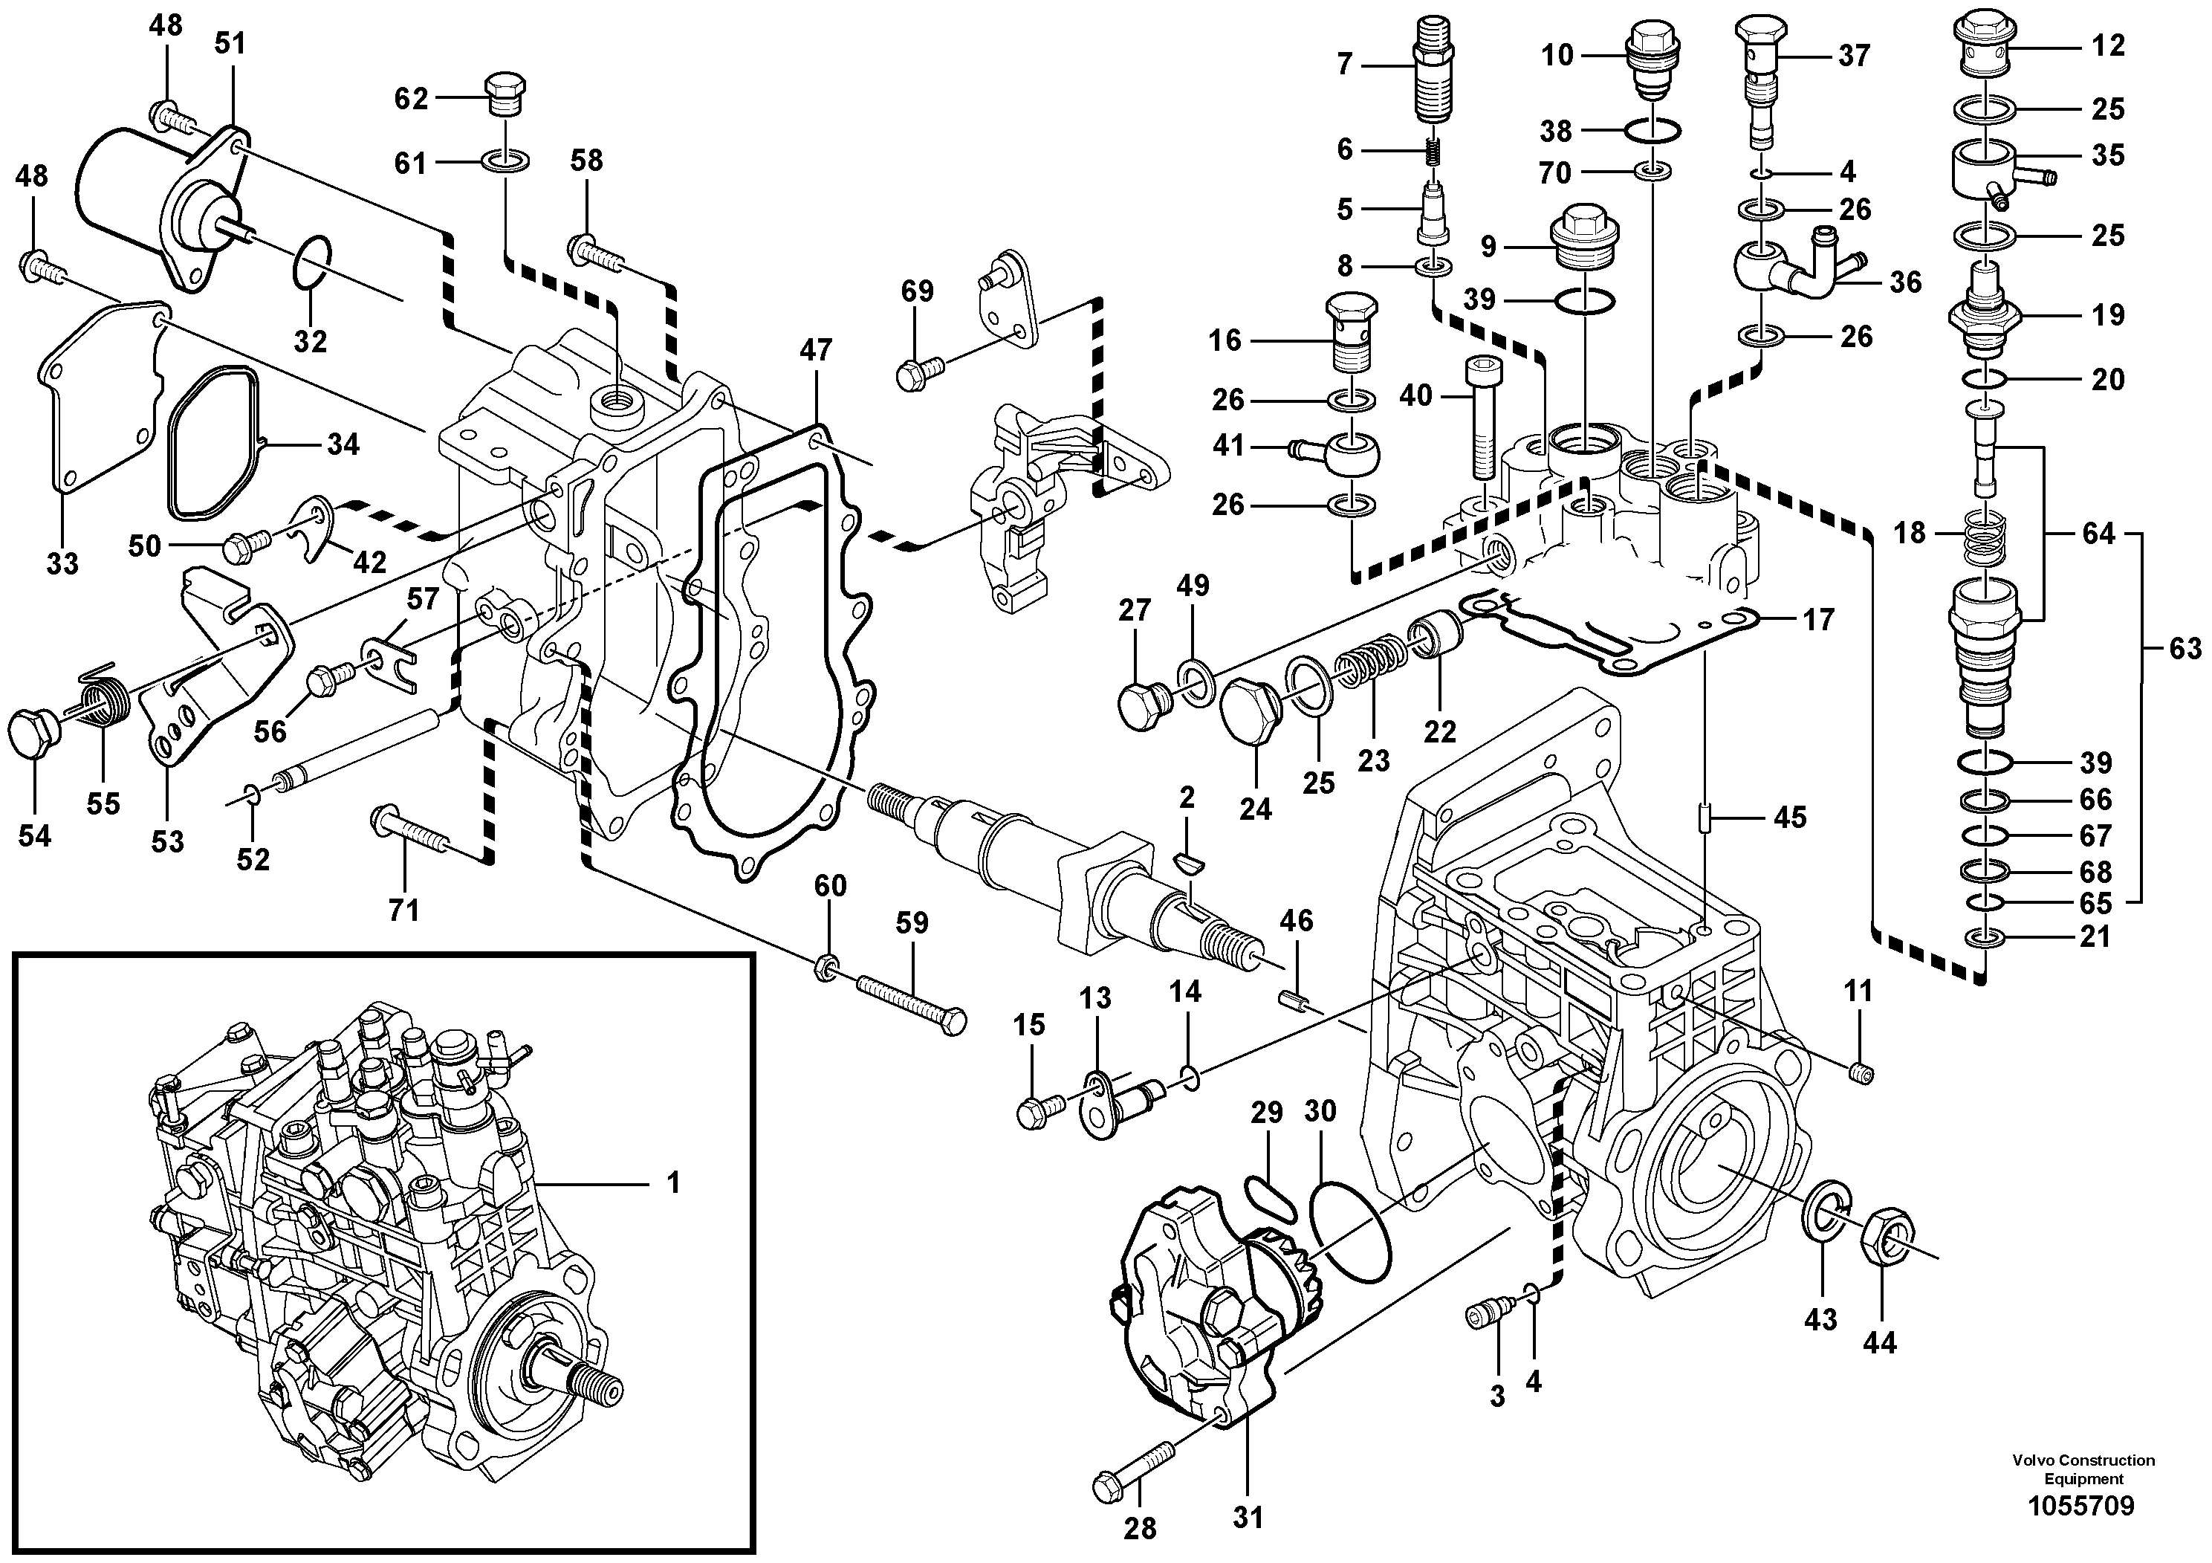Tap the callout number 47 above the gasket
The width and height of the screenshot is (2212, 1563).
[815, 350]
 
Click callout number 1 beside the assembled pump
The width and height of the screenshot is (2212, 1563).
[673, 1182]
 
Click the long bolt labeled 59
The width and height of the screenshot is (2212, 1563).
[909, 1001]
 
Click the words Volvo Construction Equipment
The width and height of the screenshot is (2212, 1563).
[2083, 1469]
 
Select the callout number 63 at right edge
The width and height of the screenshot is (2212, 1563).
[2186, 649]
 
